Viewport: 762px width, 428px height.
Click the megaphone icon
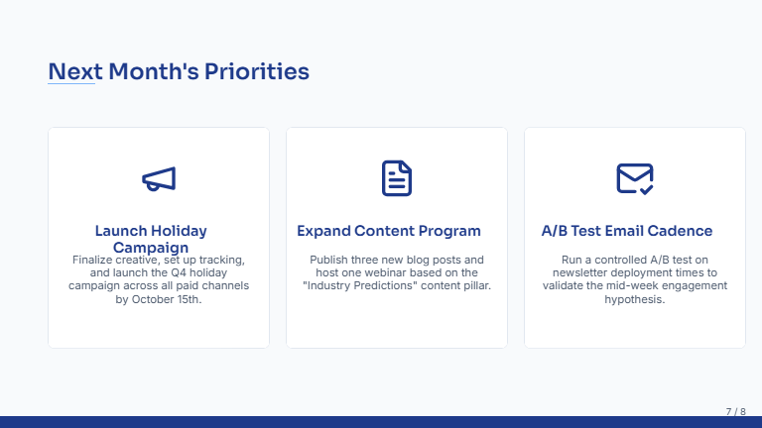pos(159,178)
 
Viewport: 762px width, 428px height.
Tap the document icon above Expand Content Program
pos(397,178)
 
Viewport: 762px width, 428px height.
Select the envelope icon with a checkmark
pos(635,178)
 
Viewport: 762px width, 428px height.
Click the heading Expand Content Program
pos(389,231)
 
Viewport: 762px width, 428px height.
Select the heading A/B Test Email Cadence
pos(627,231)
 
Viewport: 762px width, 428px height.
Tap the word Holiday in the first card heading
pos(180,231)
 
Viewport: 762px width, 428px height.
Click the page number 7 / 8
pos(735,410)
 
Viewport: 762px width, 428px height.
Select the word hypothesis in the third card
pos(634,298)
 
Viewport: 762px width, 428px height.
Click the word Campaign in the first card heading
pos(151,248)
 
